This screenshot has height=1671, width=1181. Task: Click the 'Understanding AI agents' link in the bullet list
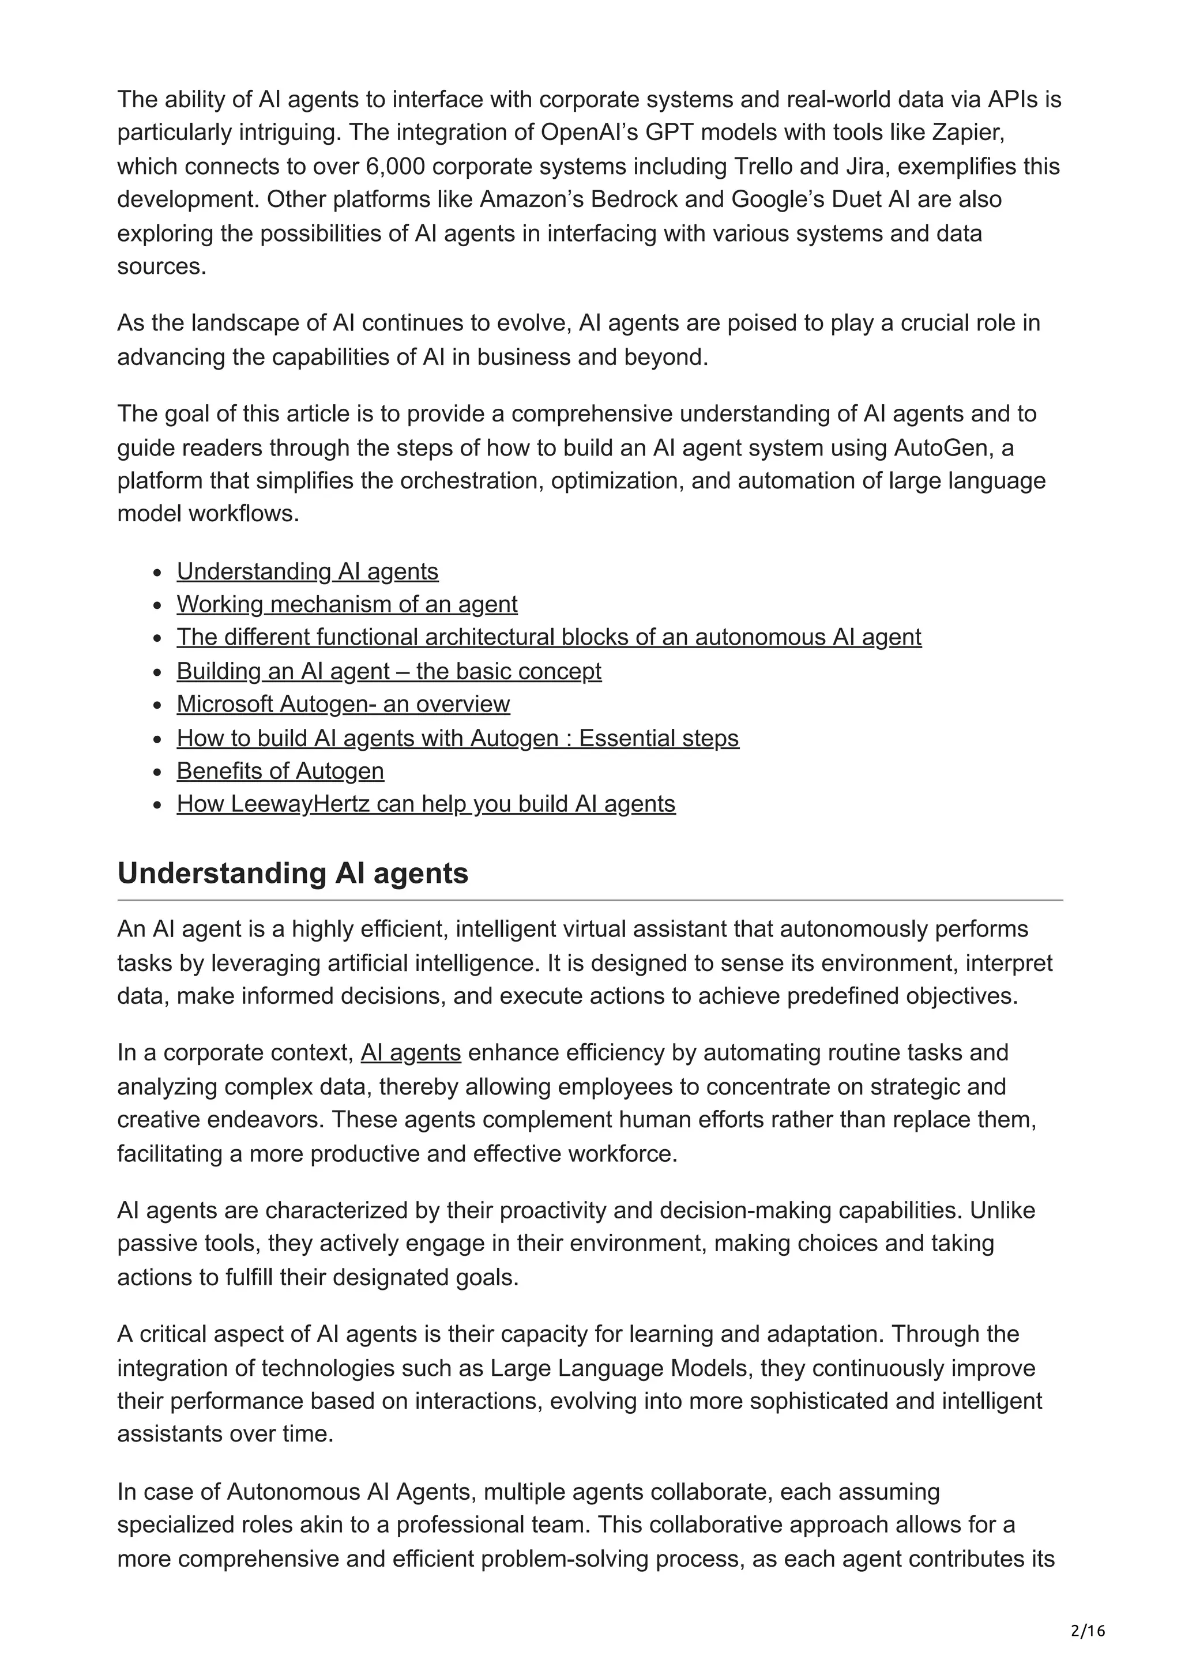point(307,571)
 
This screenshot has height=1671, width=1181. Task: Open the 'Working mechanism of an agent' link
point(347,604)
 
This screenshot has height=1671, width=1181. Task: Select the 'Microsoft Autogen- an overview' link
point(343,704)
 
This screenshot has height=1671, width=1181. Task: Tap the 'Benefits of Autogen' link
point(280,771)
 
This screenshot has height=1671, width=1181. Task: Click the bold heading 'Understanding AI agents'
point(292,874)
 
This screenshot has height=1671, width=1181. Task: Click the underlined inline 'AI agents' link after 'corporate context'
point(411,1053)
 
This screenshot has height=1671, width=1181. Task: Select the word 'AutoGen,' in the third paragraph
point(943,447)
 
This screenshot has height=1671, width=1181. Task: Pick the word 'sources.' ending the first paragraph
point(161,266)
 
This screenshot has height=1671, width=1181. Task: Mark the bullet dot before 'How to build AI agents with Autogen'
point(157,739)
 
